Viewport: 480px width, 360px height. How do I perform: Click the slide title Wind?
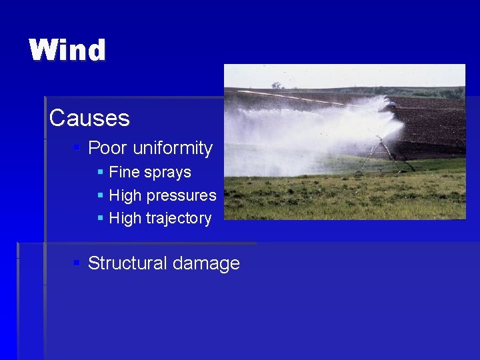pyautogui.click(x=67, y=51)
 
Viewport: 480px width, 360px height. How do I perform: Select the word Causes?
pyautogui.click(x=89, y=118)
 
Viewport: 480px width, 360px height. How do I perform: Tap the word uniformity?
pyautogui.click(x=173, y=148)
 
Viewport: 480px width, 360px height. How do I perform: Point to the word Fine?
pyautogui.click(x=123, y=172)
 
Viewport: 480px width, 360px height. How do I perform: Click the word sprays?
pyautogui.click(x=166, y=173)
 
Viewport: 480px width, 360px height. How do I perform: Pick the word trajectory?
pyautogui.click(x=181, y=219)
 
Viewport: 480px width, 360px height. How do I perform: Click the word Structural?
pyautogui.click(x=127, y=263)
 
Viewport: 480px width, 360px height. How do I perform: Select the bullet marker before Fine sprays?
pyautogui.click(x=100, y=172)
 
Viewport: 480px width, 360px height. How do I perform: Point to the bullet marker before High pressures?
pyautogui.click(x=100, y=195)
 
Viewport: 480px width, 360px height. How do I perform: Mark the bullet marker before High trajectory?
pyautogui.click(x=100, y=218)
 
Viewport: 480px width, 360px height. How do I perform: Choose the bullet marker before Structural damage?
pyautogui.click(x=77, y=263)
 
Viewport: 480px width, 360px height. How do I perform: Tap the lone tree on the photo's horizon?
pyautogui.click(x=276, y=85)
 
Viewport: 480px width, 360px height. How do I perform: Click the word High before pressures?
pyautogui.click(x=125, y=195)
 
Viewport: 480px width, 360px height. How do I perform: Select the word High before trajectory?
pyautogui.click(x=125, y=218)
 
